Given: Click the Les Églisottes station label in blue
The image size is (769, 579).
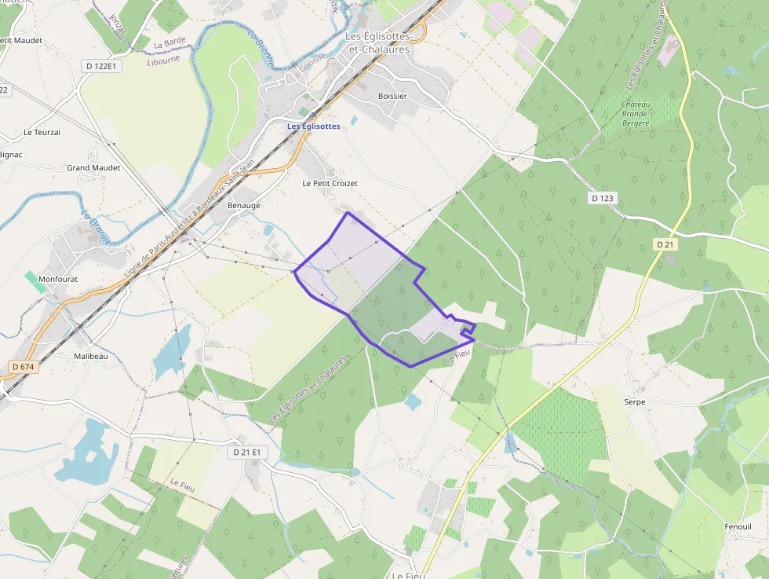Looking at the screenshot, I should pos(313,126).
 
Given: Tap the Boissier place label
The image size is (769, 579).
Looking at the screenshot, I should pos(392,96).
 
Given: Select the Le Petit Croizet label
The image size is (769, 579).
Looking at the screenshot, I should pos(330,183).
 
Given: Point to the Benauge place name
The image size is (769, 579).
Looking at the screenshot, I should pos(243,205).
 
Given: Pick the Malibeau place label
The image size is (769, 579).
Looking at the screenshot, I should pos(90,356).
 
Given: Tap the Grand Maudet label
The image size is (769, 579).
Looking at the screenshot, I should pos(93,167).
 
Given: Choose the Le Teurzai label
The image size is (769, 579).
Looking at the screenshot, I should pos(42,132).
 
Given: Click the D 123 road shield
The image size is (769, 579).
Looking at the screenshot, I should pos(602,198).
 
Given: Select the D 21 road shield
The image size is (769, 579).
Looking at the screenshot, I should pos(665,244).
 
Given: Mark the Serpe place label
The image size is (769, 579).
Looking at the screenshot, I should pos(634,401).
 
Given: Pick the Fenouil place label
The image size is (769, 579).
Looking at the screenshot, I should pos(738,526).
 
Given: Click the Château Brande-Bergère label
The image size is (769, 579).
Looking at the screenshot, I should pos(636,114).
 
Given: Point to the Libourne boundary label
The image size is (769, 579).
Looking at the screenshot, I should pos(163,59).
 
